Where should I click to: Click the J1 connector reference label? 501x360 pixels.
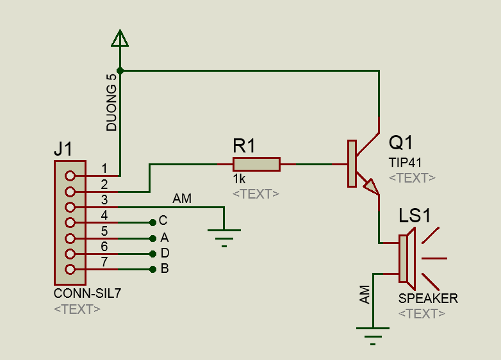(x=63, y=150)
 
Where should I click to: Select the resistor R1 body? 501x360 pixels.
(x=256, y=165)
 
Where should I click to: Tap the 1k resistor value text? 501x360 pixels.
(x=239, y=179)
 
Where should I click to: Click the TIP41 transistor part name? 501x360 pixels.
(x=405, y=162)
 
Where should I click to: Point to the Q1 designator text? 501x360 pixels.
(x=402, y=142)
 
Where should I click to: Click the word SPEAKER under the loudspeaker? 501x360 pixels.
(x=428, y=299)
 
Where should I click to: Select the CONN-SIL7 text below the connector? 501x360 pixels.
(x=88, y=294)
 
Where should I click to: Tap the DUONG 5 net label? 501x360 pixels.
(x=112, y=102)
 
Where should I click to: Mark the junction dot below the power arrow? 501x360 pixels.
(x=120, y=70)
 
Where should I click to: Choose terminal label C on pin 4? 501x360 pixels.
(x=163, y=221)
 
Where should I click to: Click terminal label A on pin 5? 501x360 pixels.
(x=164, y=237)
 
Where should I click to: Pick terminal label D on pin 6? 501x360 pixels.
(x=165, y=253)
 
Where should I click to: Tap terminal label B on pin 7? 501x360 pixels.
(x=165, y=268)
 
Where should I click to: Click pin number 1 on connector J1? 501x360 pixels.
(x=104, y=169)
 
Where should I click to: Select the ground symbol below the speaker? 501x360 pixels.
(x=373, y=333)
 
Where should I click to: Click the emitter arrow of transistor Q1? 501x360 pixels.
(x=371, y=186)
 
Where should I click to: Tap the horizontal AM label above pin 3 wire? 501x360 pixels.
(x=182, y=199)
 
